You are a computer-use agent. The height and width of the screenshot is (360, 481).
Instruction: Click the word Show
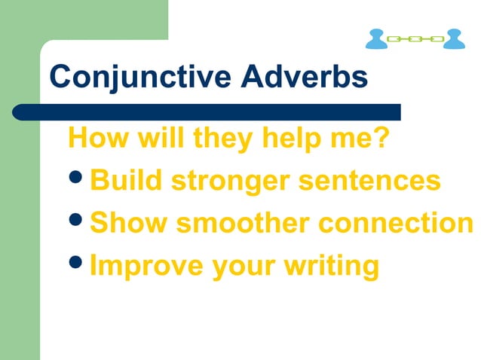pyautogui.click(x=125, y=223)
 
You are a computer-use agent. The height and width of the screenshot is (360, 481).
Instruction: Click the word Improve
pyautogui.click(x=136, y=266)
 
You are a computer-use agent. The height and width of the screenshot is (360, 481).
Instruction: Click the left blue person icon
pyautogui.click(x=376, y=39)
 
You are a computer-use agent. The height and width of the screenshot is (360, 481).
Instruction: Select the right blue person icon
pyautogui.click(x=454, y=39)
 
